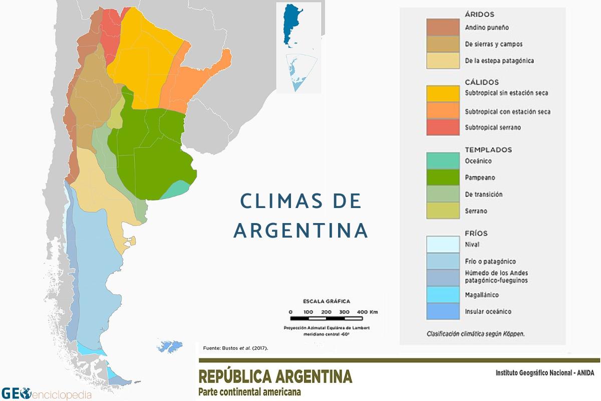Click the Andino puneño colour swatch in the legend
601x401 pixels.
[x=443, y=27]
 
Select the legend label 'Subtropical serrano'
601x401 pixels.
[x=493, y=127]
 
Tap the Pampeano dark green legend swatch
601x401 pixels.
[x=443, y=177]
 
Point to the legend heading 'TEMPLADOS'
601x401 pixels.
[x=488, y=149]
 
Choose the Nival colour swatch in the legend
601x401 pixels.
[x=443, y=245]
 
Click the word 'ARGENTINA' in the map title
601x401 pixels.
[x=301, y=231]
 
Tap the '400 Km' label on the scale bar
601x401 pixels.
[x=368, y=312]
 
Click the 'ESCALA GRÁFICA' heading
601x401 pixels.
[x=327, y=301]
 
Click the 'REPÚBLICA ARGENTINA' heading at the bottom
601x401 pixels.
[x=275, y=376]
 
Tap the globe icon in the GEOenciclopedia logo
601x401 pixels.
[x=25, y=392]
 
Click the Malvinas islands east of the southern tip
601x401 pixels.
[x=164, y=346]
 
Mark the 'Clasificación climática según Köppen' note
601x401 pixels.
[x=475, y=333]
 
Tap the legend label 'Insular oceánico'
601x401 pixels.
[x=488, y=311]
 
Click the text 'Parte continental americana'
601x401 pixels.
[x=250, y=392]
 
